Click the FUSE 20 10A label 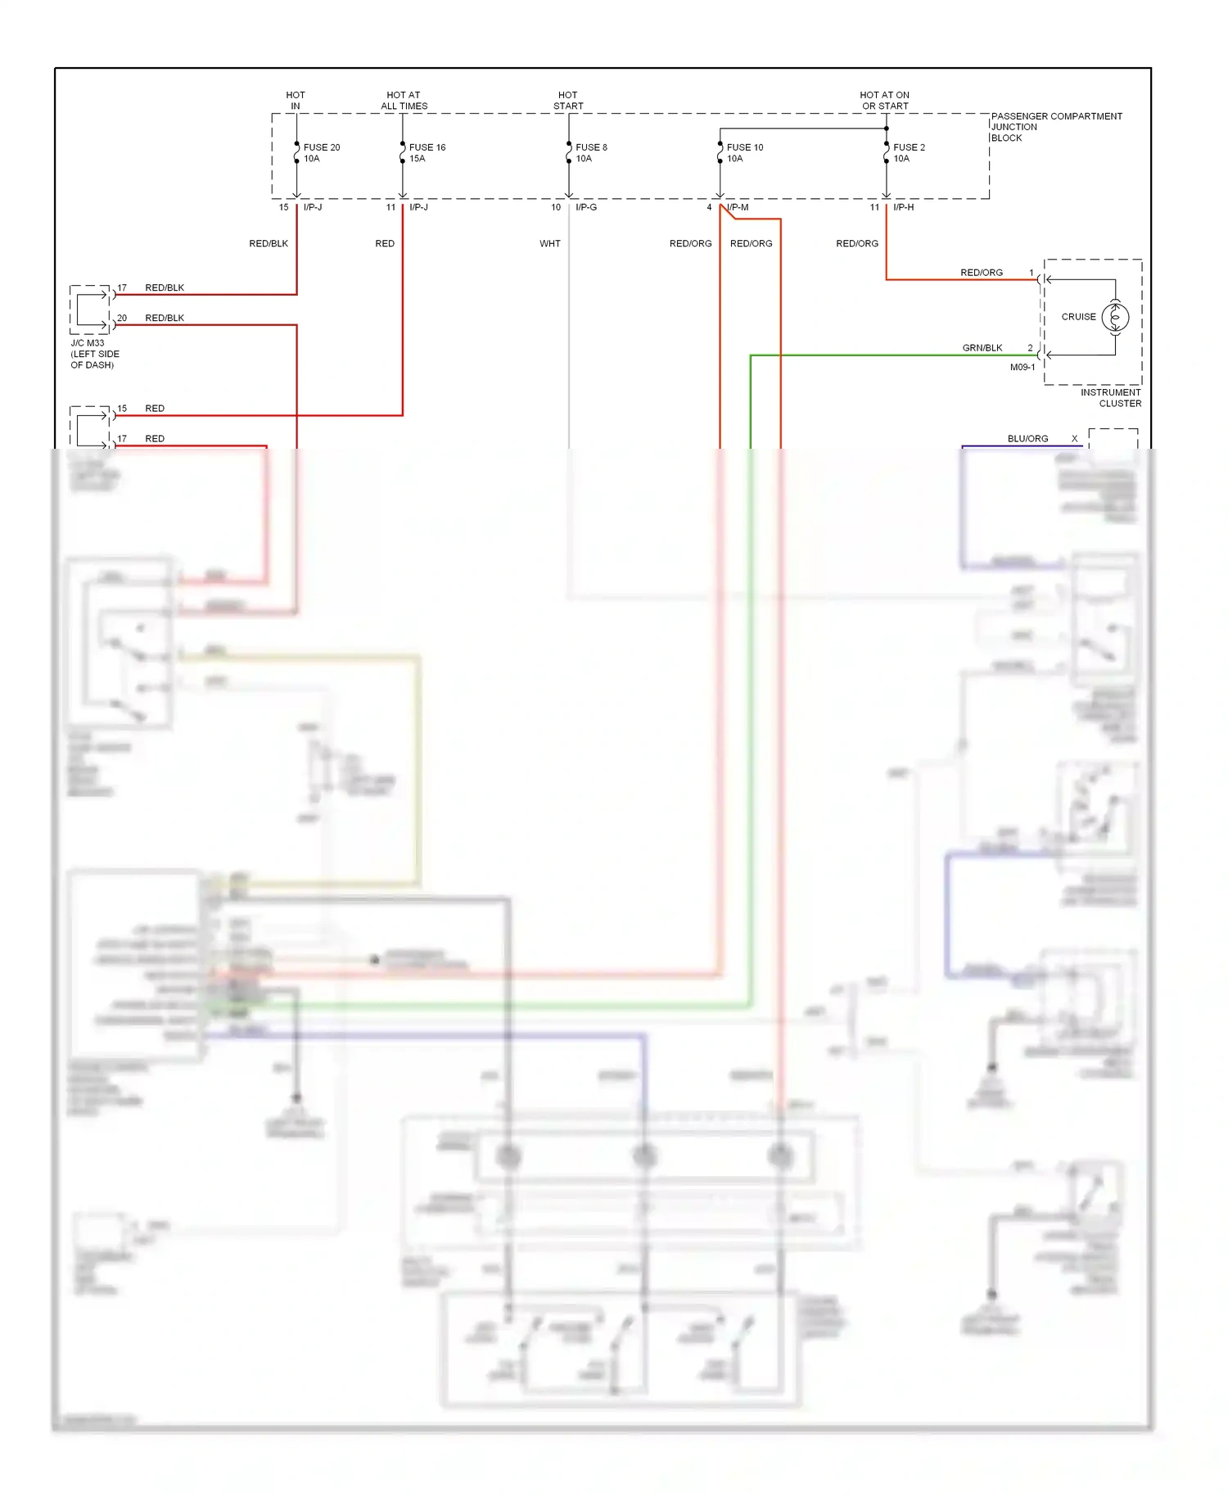(321, 153)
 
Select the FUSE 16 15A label (427, 153)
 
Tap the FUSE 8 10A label (590, 153)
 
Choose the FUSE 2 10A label (908, 153)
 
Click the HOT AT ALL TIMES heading (404, 101)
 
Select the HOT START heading (568, 101)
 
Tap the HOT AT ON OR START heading (884, 101)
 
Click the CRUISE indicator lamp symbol (1114, 317)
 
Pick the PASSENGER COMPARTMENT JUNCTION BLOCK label (1056, 127)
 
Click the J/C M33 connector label (94, 354)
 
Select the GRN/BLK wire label (982, 348)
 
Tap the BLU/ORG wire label (1027, 439)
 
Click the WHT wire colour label (550, 244)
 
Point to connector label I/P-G (586, 208)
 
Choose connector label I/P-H (904, 208)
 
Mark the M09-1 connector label (1022, 368)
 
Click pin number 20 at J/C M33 (122, 318)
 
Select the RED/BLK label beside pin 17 (165, 288)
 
